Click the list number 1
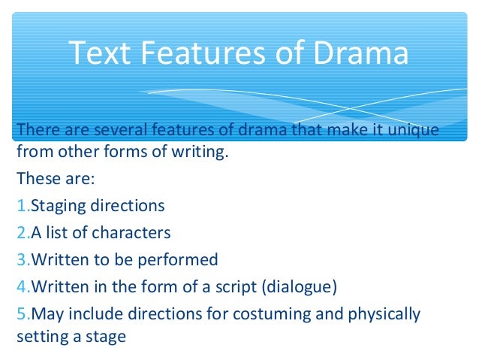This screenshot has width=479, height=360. pyautogui.click(x=21, y=206)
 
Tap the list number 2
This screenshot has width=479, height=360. pyautogui.click(x=21, y=233)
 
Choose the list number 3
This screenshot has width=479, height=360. pyautogui.click(x=21, y=260)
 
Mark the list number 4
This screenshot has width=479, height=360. pyautogui.click(x=21, y=287)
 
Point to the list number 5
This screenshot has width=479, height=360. pyautogui.click(x=21, y=313)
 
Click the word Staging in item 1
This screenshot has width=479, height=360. pyautogui.click(x=56, y=206)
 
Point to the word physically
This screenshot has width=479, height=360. pyautogui.click(x=381, y=313)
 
